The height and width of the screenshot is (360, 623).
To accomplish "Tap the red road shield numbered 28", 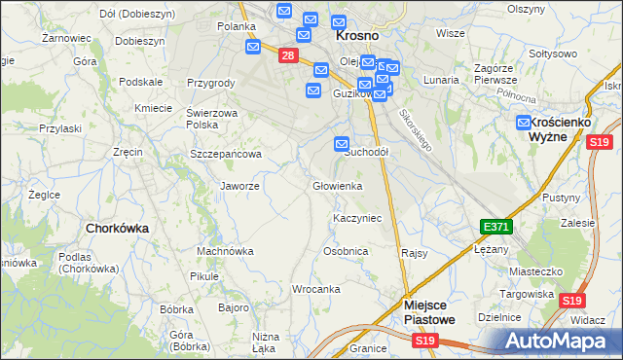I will (x=287, y=55).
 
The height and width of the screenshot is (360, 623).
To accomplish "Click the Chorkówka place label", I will (x=117, y=228).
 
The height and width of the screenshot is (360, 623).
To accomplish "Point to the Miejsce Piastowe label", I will (x=428, y=311).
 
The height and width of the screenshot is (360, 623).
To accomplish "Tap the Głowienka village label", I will (x=337, y=186).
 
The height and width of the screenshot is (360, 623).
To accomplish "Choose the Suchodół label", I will (x=367, y=153).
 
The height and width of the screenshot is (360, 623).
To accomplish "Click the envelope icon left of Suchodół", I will (x=342, y=144).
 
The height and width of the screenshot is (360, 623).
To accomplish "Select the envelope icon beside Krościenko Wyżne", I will (x=524, y=123).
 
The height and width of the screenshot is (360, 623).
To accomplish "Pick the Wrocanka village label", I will (x=315, y=289).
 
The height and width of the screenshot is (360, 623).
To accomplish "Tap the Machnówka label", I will (x=225, y=251).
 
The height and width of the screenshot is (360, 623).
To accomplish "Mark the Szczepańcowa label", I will (x=226, y=154).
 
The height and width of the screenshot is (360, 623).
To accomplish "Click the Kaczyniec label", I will (x=357, y=218).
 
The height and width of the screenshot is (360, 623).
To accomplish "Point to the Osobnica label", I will (x=346, y=251).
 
